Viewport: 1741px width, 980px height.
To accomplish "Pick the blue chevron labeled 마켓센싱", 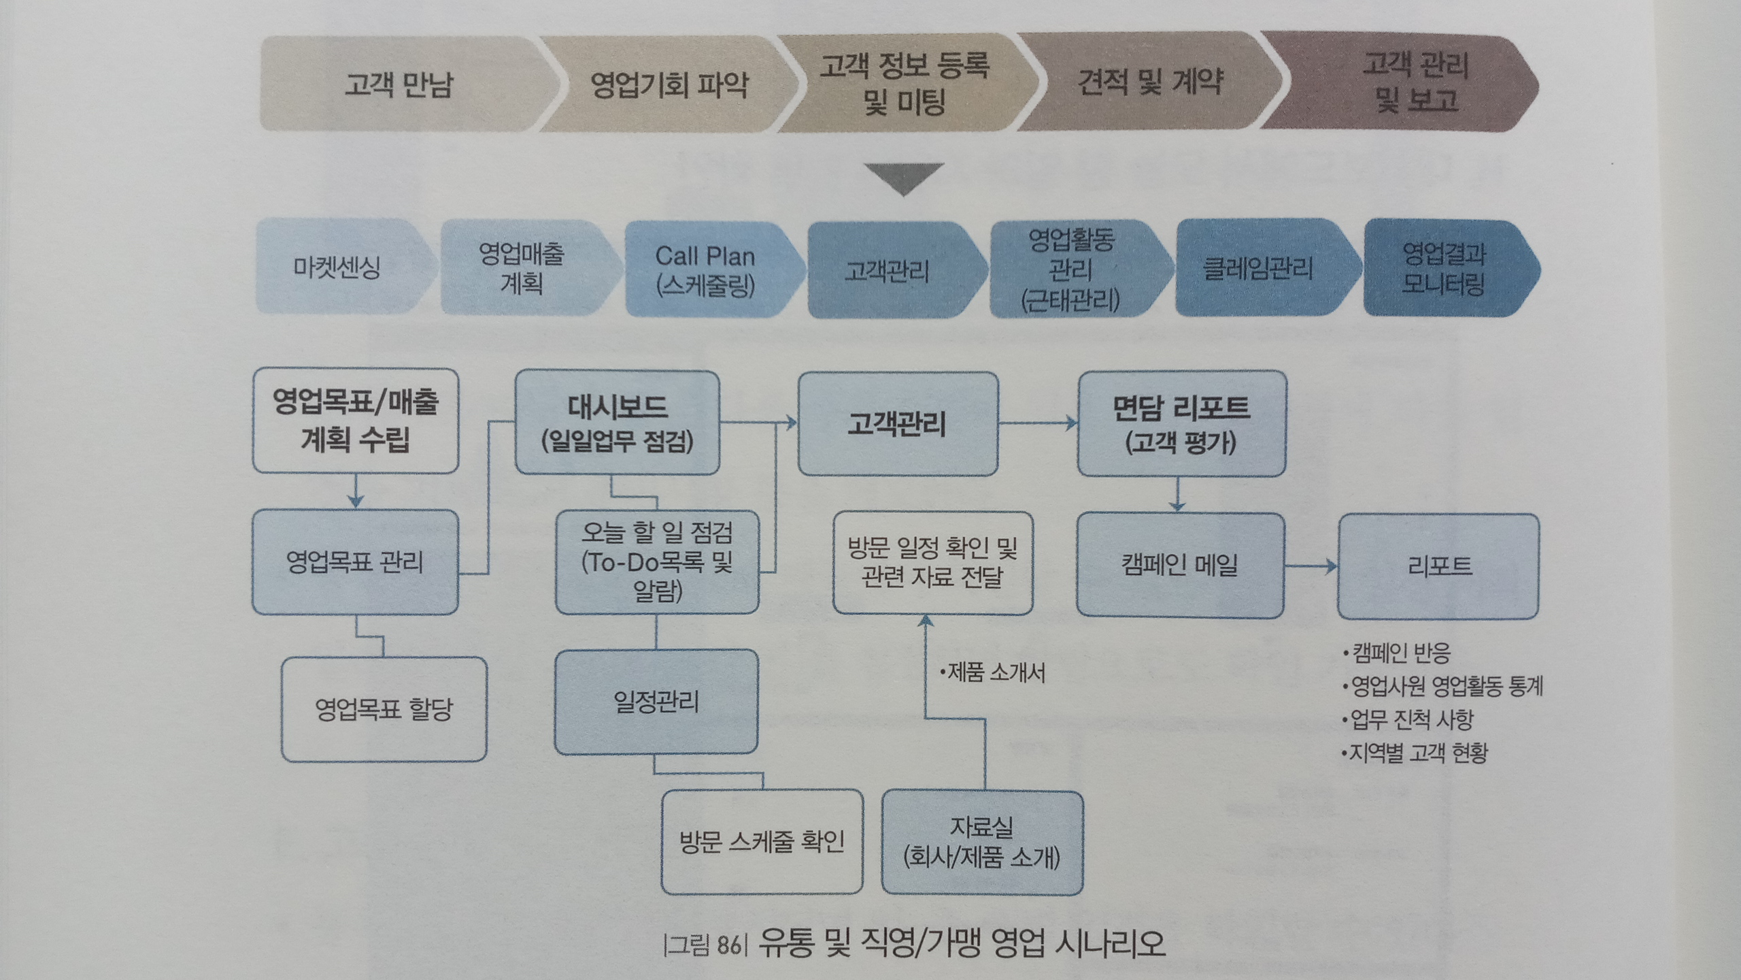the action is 338,267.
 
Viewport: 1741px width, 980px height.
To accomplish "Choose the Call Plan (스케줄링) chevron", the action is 706,269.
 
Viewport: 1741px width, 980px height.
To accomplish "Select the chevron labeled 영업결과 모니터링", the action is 1443,268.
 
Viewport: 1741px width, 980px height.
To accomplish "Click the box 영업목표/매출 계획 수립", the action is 355,421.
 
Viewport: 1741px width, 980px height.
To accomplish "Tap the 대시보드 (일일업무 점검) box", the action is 617,423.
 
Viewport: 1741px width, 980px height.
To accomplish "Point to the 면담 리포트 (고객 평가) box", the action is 1181,423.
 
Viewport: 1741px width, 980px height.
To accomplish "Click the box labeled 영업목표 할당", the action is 384,709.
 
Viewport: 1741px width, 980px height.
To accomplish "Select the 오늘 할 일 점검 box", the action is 657,562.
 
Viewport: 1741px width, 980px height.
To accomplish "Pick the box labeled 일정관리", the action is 656,701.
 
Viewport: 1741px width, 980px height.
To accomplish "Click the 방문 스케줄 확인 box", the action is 762,842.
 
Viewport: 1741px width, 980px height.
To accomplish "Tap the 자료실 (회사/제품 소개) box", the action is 982,843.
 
